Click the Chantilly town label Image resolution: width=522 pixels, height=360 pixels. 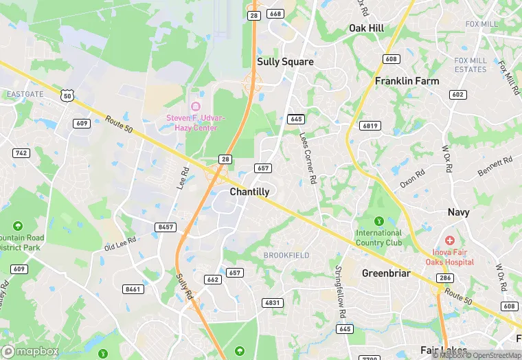(249, 192)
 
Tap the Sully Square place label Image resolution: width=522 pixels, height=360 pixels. (285, 62)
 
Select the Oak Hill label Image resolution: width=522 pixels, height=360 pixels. (366, 28)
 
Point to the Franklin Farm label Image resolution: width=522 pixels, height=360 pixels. (407, 81)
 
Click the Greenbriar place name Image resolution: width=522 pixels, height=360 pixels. (386, 273)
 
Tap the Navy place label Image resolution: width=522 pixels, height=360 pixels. (458, 212)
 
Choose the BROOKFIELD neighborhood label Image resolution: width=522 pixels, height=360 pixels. (286, 256)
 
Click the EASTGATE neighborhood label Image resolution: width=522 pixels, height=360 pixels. (25, 93)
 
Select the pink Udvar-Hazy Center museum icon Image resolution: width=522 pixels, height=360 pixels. (195, 106)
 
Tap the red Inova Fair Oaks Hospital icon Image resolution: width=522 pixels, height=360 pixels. (449, 240)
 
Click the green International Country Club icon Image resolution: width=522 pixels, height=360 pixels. (378, 221)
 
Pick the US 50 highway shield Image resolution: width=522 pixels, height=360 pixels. (66, 96)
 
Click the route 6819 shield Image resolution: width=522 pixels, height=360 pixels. (370, 126)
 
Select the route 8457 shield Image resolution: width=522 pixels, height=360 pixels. (166, 227)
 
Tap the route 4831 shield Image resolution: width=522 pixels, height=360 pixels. (273, 303)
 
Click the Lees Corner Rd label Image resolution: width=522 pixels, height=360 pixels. (307, 157)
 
